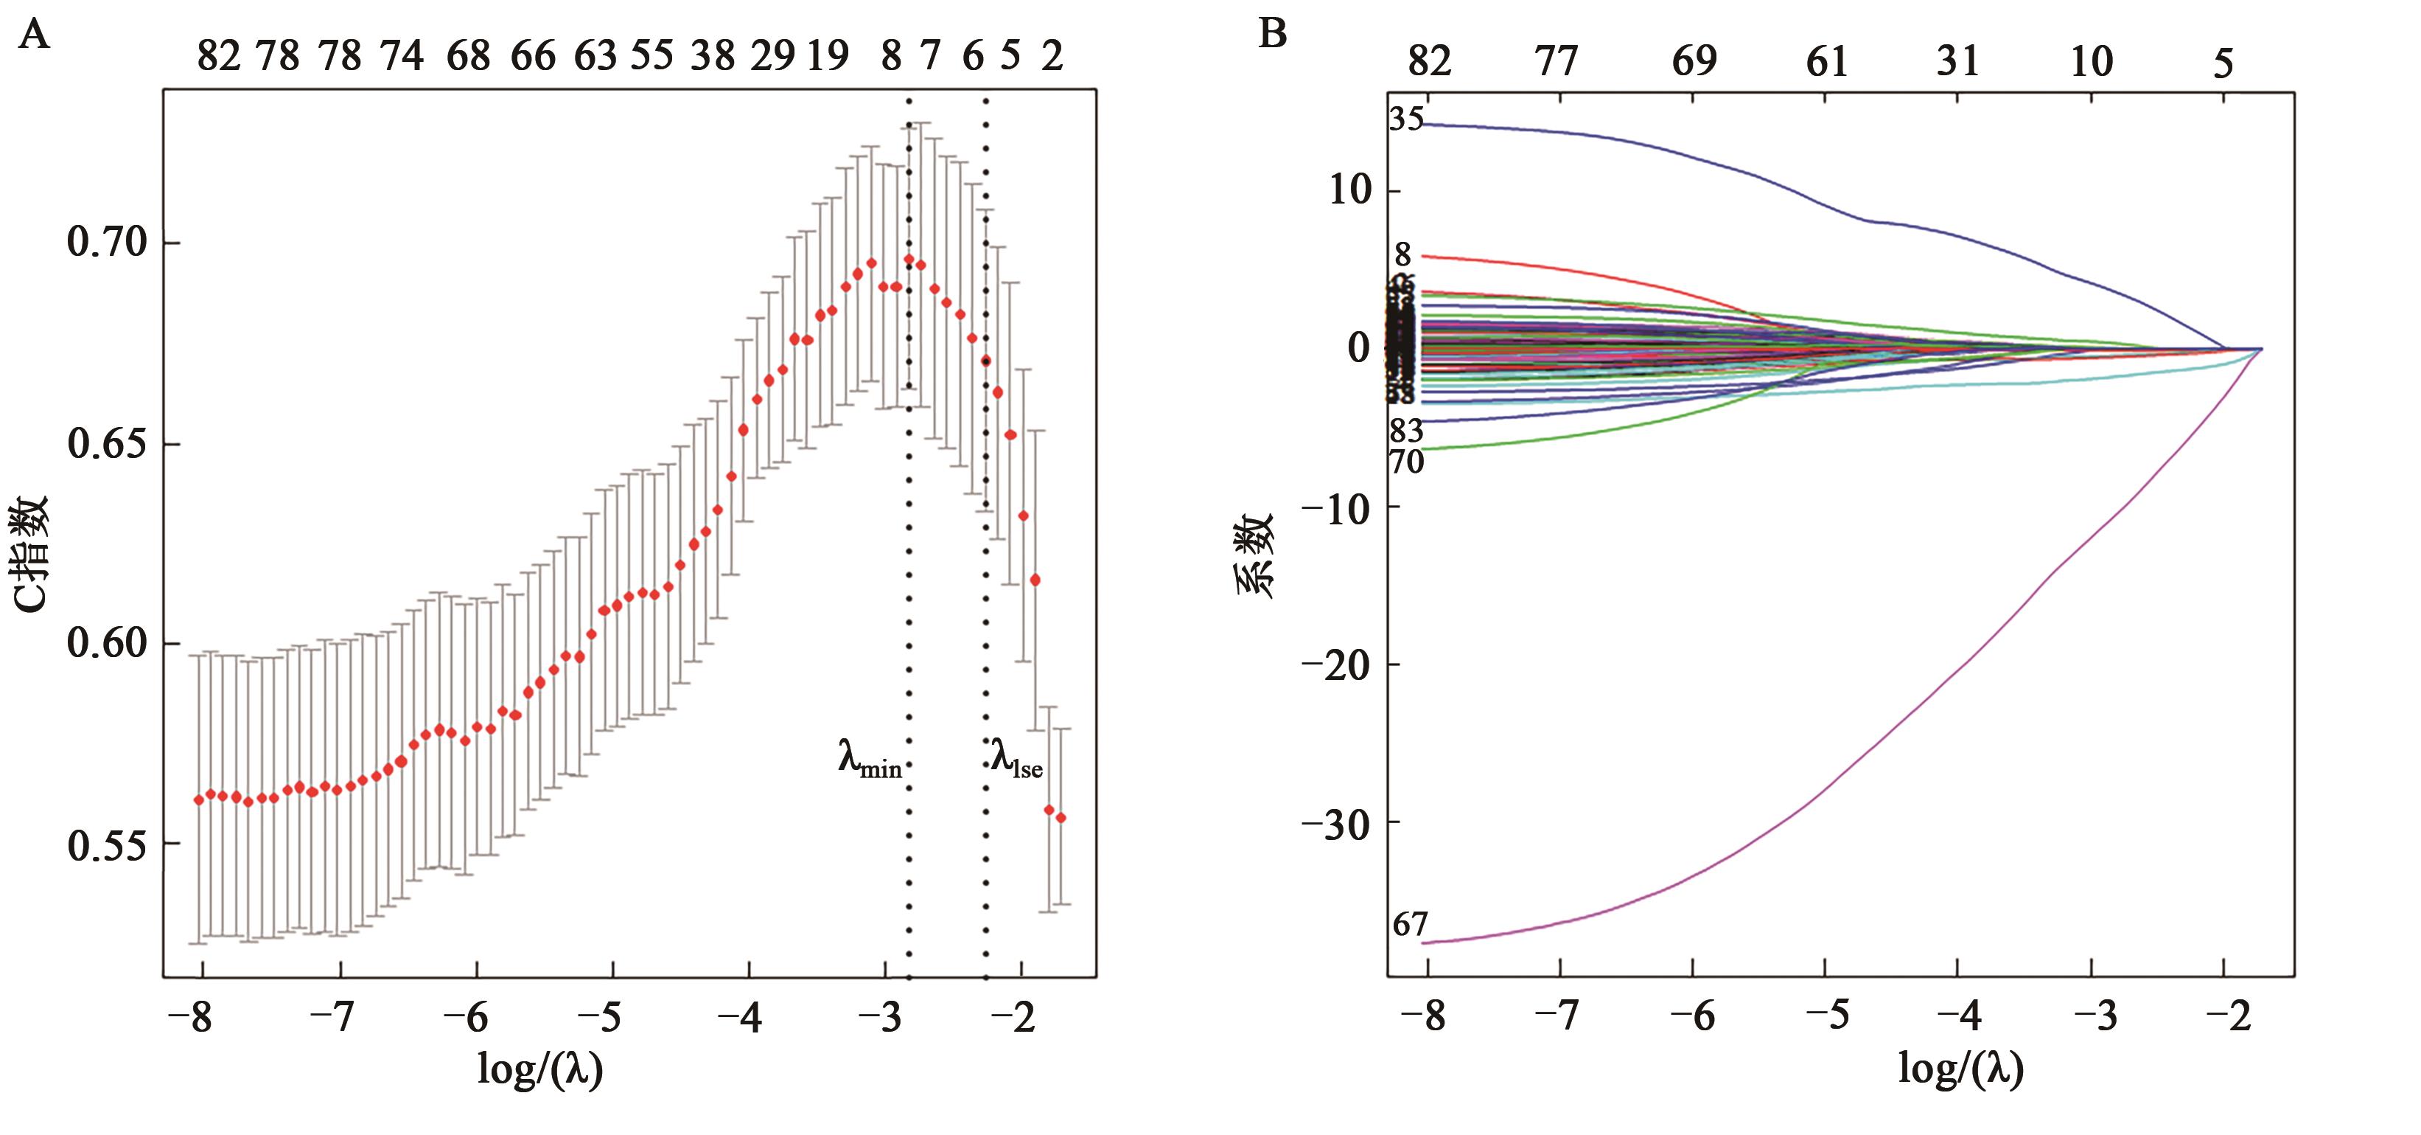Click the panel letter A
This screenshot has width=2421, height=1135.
point(34,35)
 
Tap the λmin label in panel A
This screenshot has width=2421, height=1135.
point(870,759)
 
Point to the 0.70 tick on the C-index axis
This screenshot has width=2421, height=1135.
point(108,243)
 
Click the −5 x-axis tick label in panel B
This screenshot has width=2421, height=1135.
point(1826,1016)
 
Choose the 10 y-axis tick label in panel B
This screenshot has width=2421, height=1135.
point(1351,191)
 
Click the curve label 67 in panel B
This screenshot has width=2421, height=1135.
point(1410,926)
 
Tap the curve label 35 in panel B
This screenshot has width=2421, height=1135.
point(1407,119)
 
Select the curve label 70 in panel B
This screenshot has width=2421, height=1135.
point(1407,462)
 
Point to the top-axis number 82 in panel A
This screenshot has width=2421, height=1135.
point(218,57)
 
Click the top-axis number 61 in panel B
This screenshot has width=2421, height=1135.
point(1827,62)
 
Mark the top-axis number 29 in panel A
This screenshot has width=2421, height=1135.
point(772,57)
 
